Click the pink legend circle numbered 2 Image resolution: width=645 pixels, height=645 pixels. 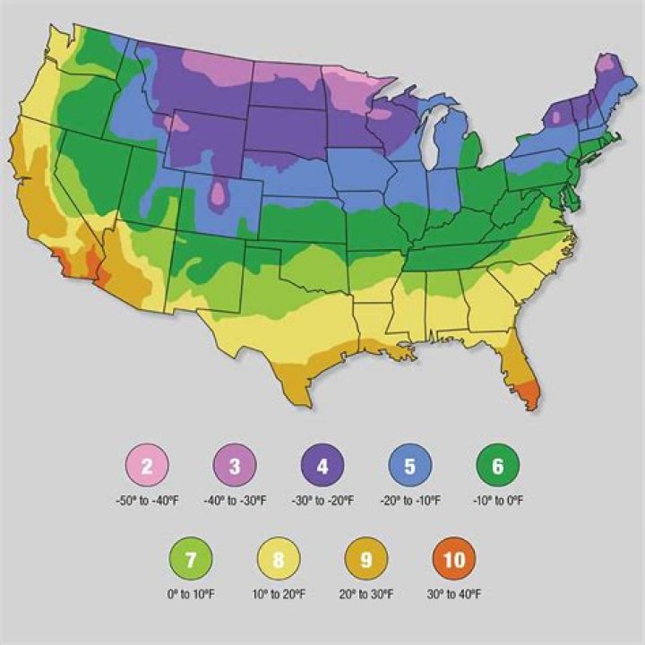pyautogui.click(x=147, y=465)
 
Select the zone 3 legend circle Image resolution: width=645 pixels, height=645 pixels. pyautogui.click(x=235, y=465)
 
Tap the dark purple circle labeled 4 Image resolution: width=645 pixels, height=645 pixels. pyautogui.click(x=322, y=465)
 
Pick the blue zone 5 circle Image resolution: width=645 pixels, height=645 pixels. pyautogui.click(x=410, y=465)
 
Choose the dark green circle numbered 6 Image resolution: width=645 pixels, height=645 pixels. pyautogui.click(x=498, y=465)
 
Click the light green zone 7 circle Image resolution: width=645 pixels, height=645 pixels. pyautogui.click(x=191, y=560)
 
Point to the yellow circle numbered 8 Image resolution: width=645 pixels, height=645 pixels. pyautogui.click(x=279, y=560)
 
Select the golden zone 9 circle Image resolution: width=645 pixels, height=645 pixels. pyautogui.click(x=366, y=560)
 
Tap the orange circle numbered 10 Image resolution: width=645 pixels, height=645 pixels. pyautogui.click(x=454, y=560)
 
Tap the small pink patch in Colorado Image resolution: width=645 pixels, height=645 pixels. pyautogui.click(x=218, y=194)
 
